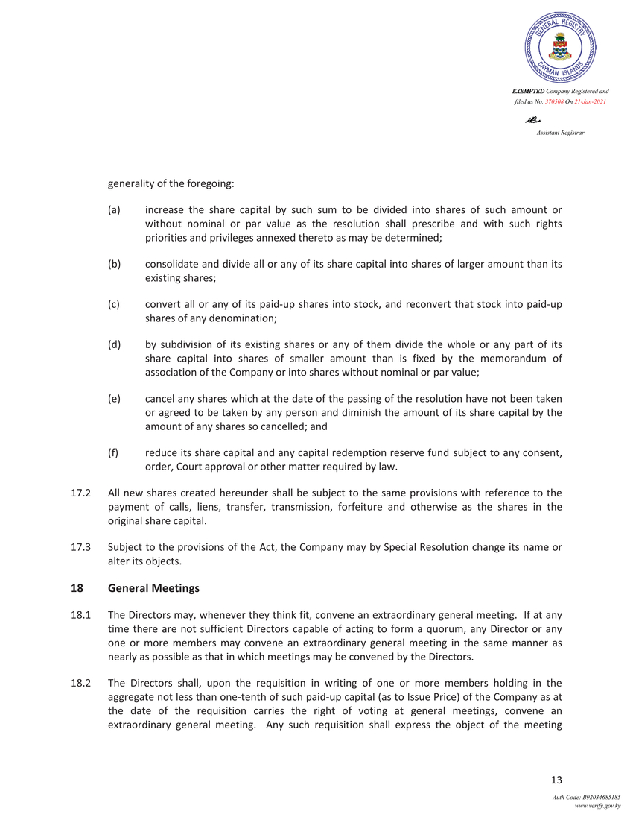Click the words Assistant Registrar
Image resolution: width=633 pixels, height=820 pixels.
560,133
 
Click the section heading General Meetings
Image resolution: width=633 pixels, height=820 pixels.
153,588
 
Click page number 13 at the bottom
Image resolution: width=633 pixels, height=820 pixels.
555,780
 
